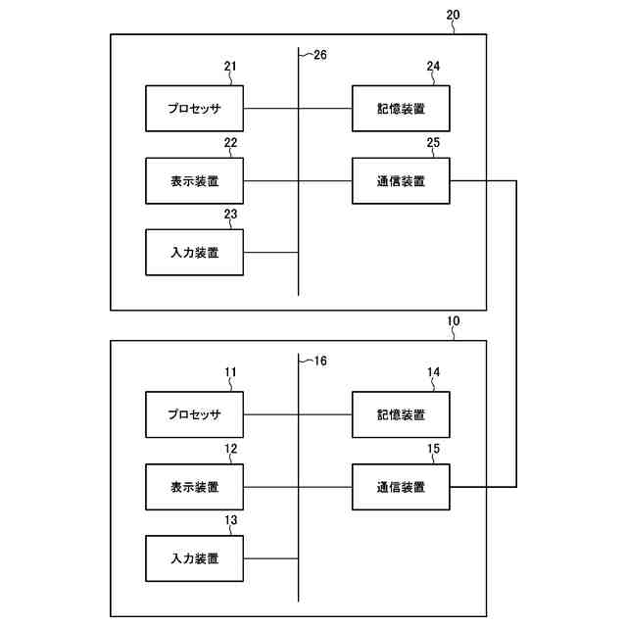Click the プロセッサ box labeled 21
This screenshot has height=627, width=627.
pyautogui.click(x=194, y=108)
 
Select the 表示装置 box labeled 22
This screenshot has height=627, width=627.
pyautogui.click(x=194, y=180)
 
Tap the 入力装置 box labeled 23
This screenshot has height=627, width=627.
pyautogui.click(x=194, y=253)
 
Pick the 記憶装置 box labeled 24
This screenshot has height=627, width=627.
pyautogui.click(x=401, y=108)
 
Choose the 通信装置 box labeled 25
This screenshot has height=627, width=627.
pyautogui.click(x=401, y=180)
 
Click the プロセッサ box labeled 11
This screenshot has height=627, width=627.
pyautogui.click(x=194, y=414)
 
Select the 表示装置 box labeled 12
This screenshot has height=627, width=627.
pyautogui.click(x=194, y=487)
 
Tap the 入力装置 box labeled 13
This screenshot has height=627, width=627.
pyautogui.click(x=194, y=559)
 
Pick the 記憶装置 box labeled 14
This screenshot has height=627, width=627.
pyautogui.click(x=401, y=414)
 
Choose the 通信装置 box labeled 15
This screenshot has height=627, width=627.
pyautogui.click(x=401, y=487)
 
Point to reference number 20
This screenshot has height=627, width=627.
pyautogui.click(x=452, y=16)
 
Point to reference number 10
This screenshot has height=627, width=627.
pyautogui.click(x=452, y=322)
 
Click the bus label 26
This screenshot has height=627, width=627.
pyautogui.click(x=319, y=55)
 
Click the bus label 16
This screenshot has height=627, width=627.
pyautogui.click(x=319, y=362)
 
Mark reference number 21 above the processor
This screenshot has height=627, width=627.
pyautogui.click(x=230, y=68)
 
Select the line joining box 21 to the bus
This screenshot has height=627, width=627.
pyautogui.click(x=270, y=108)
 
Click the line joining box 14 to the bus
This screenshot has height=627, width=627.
pyautogui.click(x=325, y=414)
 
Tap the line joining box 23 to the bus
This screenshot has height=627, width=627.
pyautogui.click(x=270, y=253)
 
